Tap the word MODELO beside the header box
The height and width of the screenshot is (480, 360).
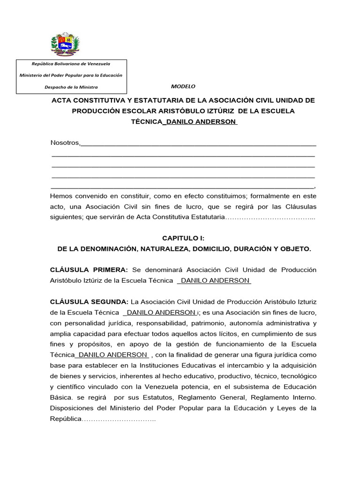point(183,87)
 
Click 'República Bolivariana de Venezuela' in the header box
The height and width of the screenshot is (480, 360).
point(71,63)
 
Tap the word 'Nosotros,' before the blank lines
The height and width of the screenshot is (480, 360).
point(65,142)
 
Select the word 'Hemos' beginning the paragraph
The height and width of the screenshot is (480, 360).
point(61,196)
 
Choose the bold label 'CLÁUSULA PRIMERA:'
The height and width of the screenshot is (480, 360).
point(89,270)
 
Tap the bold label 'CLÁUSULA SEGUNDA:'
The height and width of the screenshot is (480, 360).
point(89,301)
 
